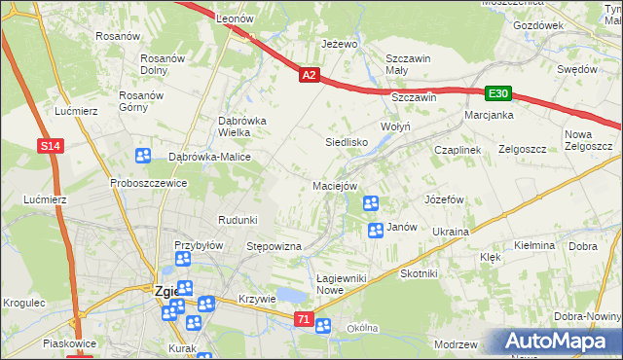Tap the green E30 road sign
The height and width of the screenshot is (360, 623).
(498, 93)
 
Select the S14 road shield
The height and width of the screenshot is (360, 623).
(53, 146)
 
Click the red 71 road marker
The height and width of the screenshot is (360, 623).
(305, 319)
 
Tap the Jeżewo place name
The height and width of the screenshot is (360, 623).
(341, 45)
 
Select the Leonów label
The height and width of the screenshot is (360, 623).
(235, 19)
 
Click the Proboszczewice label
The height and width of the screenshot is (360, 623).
(148, 183)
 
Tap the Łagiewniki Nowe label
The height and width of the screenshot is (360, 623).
(343, 284)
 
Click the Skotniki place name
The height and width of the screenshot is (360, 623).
(420, 274)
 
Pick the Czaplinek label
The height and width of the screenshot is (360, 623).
(458, 150)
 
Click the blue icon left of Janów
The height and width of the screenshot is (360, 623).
(376, 231)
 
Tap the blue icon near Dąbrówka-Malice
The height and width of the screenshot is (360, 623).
(143, 155)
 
